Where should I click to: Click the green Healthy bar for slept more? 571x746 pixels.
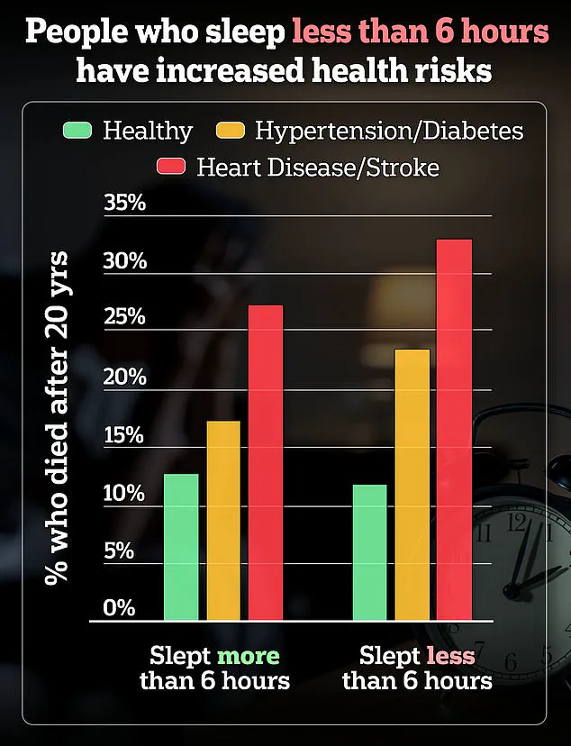coord(181,547)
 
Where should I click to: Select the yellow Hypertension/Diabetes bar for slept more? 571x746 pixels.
coord(223,521)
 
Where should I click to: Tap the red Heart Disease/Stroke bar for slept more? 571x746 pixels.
coord(266,463)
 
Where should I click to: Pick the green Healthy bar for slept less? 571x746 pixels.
coord(370,552)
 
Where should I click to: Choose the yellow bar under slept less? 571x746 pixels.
coord(412,485)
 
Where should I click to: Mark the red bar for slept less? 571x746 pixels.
coord(455,430)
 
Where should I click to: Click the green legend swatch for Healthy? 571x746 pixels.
coord(77,131)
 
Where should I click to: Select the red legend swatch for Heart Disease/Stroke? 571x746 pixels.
coord(170,167)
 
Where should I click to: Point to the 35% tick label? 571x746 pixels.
coord(124,203)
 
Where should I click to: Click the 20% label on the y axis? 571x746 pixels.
coord(124,377)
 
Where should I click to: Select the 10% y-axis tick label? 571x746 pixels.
coord(124,493)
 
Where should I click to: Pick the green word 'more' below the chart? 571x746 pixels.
coord(249,655)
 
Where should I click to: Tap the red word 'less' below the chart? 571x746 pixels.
coord(451,655)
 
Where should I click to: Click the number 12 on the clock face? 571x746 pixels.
coord(517,521)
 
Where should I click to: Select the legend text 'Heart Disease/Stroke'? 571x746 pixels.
coord(316,168)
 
